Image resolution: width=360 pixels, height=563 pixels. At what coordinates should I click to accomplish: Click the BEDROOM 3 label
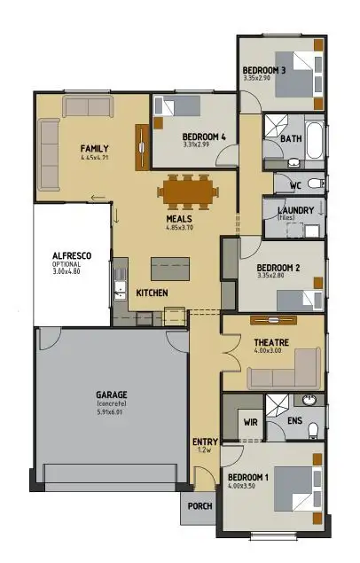click(264, 70)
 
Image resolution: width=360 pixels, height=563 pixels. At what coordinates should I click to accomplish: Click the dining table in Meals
click(186, 190)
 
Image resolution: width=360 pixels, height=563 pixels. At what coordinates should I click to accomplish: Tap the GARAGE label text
click(113, 395)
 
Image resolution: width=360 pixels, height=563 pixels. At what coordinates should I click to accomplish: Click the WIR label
click(251, 423)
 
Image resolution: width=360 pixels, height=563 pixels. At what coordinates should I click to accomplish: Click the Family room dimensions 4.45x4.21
click(93, 158)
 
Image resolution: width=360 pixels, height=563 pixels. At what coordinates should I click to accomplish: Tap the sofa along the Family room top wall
click(87, 108)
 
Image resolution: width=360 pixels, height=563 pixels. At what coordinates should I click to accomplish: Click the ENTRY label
click(204, 442)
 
